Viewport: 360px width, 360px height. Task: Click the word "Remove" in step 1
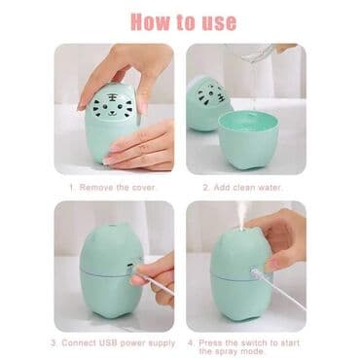point(96,188)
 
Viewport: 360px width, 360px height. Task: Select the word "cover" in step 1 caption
point(144,188)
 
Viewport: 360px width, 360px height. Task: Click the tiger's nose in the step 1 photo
point(112,113)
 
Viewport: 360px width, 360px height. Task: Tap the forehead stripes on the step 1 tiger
point(112,96)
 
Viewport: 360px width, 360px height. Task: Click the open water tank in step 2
point(248,139)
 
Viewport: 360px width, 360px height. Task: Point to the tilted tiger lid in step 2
point(209,103)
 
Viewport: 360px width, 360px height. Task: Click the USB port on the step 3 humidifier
point(130,265)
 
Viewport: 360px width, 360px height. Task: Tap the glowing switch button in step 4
point(254,271)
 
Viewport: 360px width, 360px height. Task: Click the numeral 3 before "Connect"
point(54,342)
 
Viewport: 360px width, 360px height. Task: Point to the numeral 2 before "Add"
point(205,188)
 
